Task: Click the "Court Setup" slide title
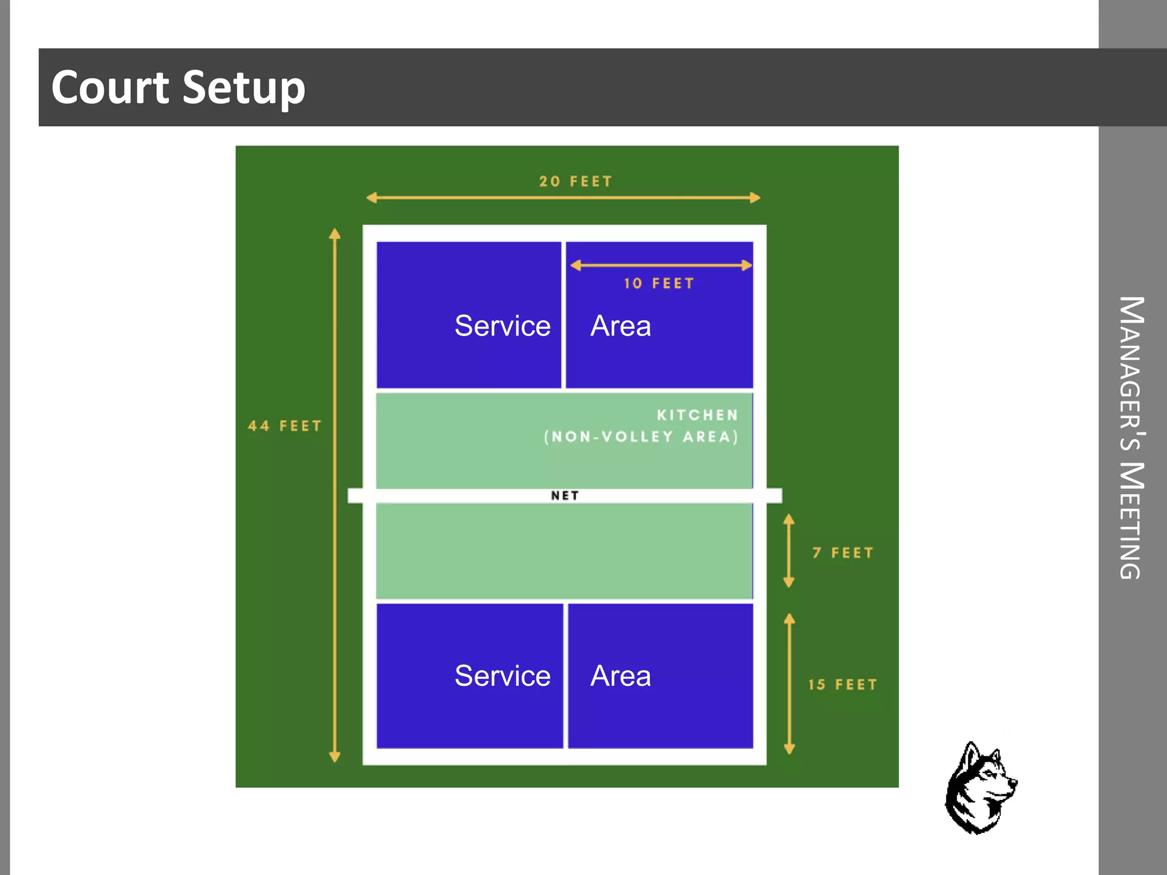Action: (178, 88)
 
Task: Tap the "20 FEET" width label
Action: (576, 182)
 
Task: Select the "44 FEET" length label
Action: (285, 426)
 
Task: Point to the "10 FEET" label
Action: (659, 284)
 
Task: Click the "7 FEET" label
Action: (843, 553)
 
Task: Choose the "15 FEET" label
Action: (843, 685)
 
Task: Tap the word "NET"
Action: (565, 496)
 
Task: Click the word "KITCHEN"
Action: (697, 415)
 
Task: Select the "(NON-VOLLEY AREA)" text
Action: (641, 437)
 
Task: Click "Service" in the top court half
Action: (503, 326)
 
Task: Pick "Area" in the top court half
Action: (621, 326)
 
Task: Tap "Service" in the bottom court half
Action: (503, 676)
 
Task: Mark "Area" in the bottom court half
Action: (621, 676)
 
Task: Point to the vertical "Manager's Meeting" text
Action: (1132, 437)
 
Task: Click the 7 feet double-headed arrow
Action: (789, 551)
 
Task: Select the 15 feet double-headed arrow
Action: (789, 684)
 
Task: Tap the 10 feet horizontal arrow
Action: (661, 265)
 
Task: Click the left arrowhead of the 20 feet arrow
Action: (372, 198)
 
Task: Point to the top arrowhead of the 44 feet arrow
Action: (335, 234)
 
